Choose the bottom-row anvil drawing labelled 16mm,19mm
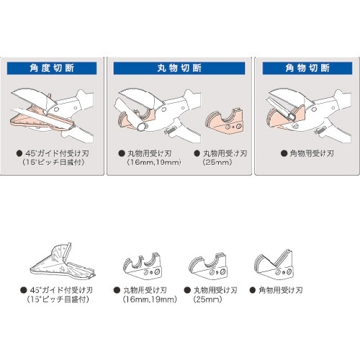(x=145, y=267)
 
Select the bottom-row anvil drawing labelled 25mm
(x=208, y=267)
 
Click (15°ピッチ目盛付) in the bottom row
(x=58, y=299)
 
